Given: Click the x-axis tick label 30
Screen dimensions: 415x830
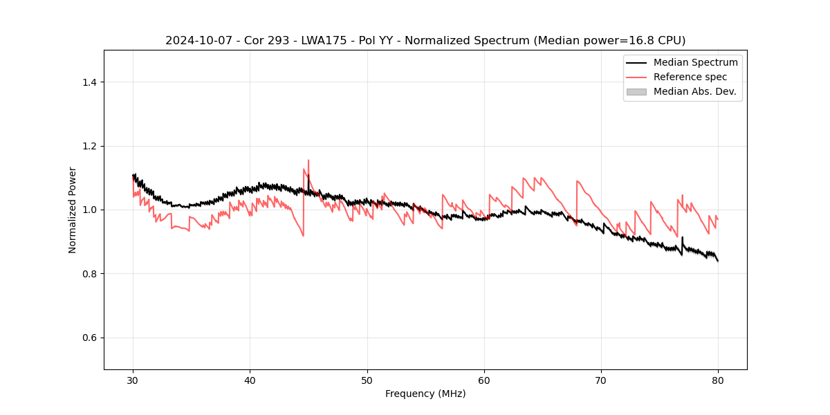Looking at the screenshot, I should (133, 380).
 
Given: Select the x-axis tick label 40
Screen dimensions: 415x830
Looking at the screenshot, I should (250, 380).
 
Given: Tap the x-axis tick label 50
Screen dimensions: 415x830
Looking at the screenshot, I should (367, 380).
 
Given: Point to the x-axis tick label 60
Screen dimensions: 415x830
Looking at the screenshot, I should (484, 380).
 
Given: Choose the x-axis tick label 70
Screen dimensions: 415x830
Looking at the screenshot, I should (601, 380).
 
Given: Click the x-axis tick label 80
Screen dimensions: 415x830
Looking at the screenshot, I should (718, 380).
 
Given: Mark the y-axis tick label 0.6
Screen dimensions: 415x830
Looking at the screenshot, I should (89, 338).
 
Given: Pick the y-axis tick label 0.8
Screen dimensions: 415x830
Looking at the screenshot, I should (89, 274).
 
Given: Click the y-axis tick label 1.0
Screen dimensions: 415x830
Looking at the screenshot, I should (89, 210).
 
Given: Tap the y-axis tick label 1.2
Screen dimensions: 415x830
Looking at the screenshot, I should (89, 146).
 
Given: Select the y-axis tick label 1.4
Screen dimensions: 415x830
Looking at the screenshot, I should (89, 82).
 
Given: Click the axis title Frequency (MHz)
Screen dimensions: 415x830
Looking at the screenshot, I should (425, 394).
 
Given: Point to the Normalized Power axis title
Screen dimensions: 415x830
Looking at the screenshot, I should (73, 210).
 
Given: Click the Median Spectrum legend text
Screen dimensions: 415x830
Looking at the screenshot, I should (695, 62).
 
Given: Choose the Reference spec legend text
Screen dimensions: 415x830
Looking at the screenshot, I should (690, 77).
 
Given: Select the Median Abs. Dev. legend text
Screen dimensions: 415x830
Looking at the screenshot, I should (694, 91).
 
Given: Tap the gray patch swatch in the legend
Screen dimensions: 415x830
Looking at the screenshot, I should (636, 91).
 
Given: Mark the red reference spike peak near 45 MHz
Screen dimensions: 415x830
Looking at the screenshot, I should (308, 160).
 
